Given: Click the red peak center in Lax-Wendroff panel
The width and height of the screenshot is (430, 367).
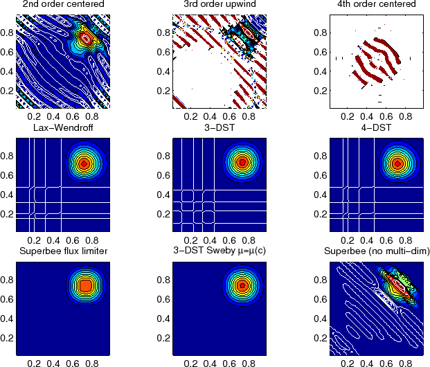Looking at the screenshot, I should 84,164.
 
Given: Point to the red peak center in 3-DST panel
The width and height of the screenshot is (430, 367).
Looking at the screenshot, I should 242,163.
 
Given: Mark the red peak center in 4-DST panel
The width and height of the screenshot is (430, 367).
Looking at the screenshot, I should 397,163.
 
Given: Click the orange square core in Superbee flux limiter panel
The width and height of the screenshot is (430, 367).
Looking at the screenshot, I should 84,285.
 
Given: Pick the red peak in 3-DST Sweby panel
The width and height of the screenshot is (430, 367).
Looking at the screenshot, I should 242,285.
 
